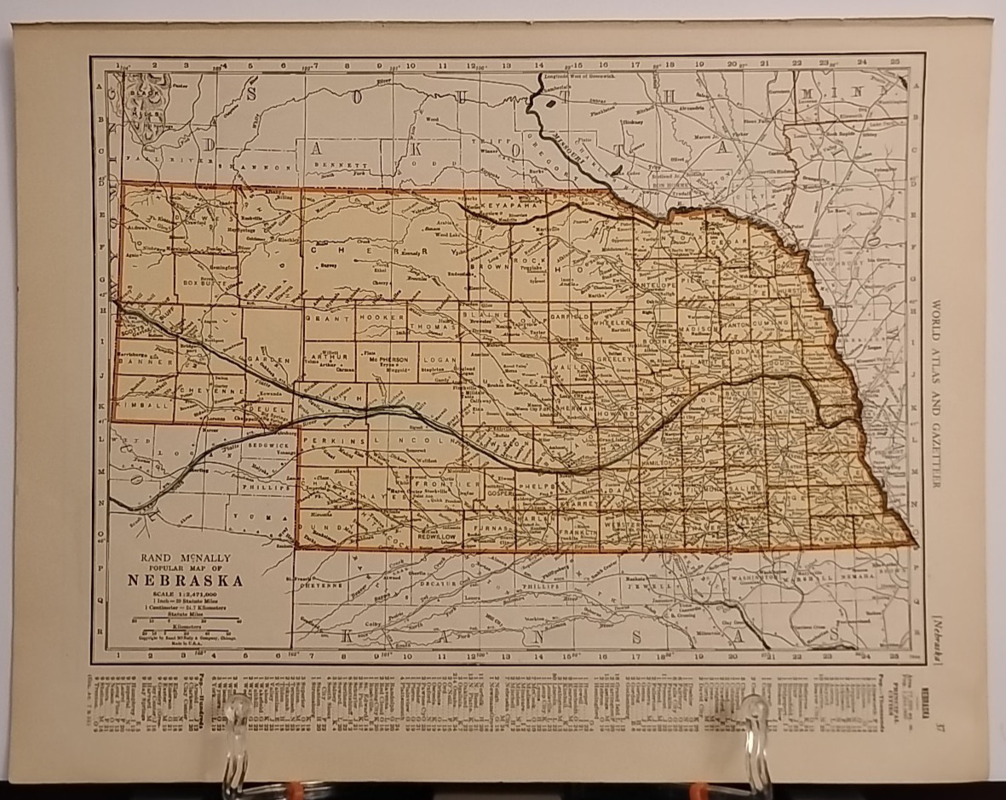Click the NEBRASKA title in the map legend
tap(185, 580)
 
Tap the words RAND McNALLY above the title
tap(184, 558)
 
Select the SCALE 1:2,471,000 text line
tap(184, 594)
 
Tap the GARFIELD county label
tap(570, 316)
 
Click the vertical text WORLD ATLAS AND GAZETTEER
tap(938, 392)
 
